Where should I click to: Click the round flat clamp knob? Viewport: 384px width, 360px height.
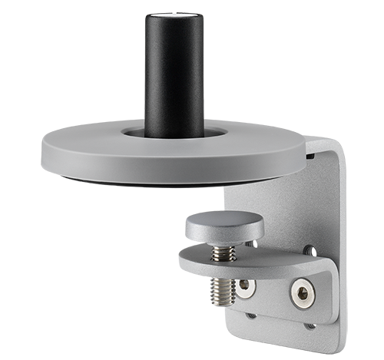[223, 225]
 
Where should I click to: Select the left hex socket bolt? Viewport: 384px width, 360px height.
[245, 286]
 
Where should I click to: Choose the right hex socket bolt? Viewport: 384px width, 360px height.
[300, 293]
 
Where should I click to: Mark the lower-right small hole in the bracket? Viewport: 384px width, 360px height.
[309, 325]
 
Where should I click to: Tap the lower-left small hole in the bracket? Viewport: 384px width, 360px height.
[251, 315]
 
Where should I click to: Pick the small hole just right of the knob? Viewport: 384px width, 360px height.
[250, 246]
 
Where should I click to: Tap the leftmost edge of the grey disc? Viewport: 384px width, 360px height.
[43, 146]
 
